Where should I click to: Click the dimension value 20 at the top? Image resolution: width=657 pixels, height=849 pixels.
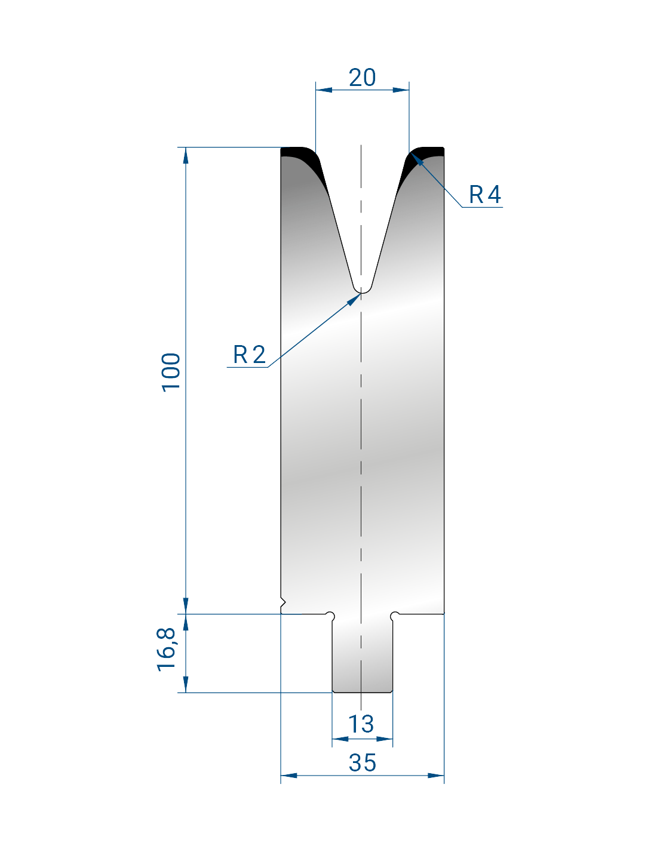[362, 78]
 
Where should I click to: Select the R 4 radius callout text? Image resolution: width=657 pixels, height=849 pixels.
[484, 194]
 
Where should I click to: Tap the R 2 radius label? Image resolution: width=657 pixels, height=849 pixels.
[249, 355]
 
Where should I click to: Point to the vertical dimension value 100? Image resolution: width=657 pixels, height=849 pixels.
[171, 372]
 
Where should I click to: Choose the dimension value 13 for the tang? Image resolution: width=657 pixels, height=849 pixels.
[361, 724]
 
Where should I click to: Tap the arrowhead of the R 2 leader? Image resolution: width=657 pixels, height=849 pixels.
[354, 299]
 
